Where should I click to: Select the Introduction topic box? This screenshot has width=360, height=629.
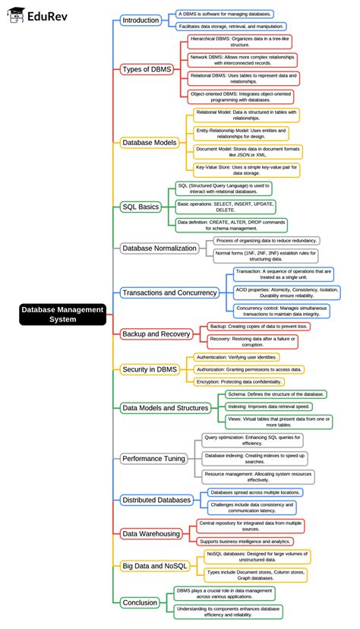pos(141,21)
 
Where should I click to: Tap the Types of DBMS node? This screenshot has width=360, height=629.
pos(147,69)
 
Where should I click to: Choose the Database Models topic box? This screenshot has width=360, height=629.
pos(150,142)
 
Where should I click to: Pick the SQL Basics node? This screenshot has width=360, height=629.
pos(141,206)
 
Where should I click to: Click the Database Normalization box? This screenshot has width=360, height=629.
pos(160,248)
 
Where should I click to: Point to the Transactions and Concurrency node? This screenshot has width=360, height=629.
pos(169,292)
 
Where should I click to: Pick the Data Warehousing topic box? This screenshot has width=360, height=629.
pos(151,533)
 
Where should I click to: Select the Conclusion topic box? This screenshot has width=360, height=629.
pos(140,602)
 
